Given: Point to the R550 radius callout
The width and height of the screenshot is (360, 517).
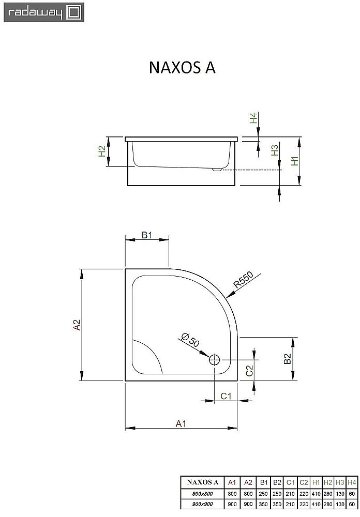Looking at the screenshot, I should (243, 280).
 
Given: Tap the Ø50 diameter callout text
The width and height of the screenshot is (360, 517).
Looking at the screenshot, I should (190, 339).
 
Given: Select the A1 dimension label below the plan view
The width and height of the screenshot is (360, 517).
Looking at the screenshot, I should (181, 423).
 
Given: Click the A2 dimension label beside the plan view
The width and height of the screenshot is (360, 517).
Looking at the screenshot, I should (77, 325).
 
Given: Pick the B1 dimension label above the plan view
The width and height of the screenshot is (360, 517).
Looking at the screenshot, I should (147, 235).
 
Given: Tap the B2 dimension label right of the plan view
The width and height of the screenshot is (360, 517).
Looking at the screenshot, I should (288, 359).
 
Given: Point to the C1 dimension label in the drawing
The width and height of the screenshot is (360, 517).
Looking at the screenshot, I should (226, 396).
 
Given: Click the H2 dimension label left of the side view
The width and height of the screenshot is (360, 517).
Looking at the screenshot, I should (102, 151).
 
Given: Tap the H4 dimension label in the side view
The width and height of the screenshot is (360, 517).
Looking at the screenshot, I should (253, 118).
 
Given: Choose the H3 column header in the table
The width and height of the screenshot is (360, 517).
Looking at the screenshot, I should (339, 482).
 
